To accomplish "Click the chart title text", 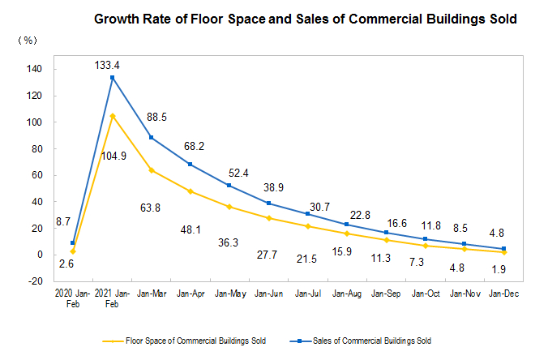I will coord(306,17).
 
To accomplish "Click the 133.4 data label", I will coord(113,65).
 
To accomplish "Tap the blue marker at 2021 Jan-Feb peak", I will coord(113,78).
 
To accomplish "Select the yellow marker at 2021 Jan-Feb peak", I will coord(113,116).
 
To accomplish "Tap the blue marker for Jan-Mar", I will coord(152,137).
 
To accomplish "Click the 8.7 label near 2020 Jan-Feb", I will coord(71,221).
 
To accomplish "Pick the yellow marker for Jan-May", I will coord(229,207).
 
